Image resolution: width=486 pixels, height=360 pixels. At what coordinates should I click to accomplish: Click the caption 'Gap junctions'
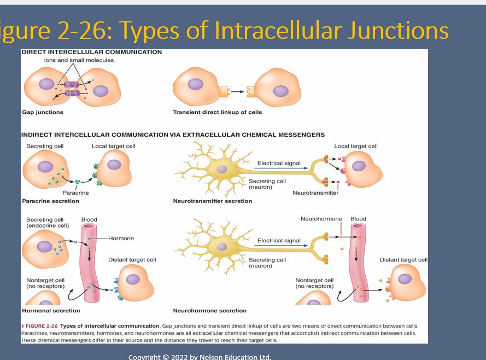43,112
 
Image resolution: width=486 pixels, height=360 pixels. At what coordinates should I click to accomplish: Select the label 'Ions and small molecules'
79,60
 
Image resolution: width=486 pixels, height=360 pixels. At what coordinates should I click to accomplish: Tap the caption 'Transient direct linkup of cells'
218,112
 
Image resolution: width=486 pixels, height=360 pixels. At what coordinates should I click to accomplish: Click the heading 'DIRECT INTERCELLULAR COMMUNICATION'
91,52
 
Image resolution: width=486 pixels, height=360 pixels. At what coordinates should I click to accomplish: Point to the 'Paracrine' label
75,193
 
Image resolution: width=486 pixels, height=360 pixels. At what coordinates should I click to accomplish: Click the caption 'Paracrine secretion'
50,201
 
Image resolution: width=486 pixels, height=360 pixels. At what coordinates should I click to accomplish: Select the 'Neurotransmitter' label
315,193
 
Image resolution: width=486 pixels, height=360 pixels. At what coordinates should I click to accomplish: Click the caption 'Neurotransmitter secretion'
213,201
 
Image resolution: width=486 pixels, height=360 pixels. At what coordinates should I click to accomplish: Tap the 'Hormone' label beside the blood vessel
121,239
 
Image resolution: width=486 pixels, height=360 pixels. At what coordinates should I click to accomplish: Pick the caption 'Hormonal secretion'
51,311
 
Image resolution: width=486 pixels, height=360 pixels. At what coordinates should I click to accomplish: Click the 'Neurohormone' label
321,219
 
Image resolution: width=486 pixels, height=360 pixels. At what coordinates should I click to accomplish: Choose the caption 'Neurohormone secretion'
210,311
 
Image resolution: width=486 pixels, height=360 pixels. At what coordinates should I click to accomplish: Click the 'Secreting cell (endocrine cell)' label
48,222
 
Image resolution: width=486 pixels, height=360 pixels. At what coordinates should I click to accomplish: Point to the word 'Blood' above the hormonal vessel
89,219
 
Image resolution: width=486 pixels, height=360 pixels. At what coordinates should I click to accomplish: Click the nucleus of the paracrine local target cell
114,165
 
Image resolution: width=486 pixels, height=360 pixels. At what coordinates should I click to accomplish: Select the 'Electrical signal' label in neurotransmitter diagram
279,163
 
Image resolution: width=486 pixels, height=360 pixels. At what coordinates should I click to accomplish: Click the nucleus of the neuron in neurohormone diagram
221,246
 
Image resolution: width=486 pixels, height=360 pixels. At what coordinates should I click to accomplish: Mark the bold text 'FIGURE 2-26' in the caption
42,326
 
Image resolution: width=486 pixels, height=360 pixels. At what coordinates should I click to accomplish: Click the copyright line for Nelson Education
200,357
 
